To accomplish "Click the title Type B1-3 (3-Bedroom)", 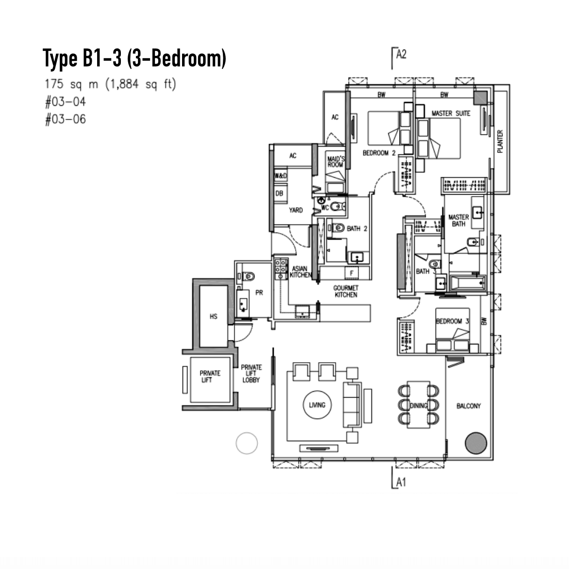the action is pyautogui.click(x=134, y=58).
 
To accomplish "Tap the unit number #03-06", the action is pyautogui.click(x=66, y=119).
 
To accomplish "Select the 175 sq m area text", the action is pyautogui.click(x=71, y=84).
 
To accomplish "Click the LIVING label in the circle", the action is pyautogui.click(x=317, y=405).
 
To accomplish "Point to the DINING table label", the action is pyautogui.click(x=418, y=405).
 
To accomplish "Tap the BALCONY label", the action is pyautogui.click(x=469, y=406).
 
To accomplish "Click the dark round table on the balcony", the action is pyautogui.click(x=476, y=443).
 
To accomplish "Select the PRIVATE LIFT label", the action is pyautogui.click(x=210, y=376).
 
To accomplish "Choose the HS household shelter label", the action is pyautogui.click(x=214, y=317).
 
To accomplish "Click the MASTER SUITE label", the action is pyautogui.click(x=451, y=113).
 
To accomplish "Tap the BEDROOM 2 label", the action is pyautogui.click(x=379, y=153).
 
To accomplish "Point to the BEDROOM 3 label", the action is pyautogui.click(x=452, y=321).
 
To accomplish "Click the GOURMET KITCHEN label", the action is pyautogui.click(x=346, y=291).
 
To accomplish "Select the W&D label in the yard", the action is pyautogui.click(x=281, y=176).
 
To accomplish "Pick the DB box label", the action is pyautogui.click(x=279, y=193).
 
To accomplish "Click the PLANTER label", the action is pyautogui.click(x=500, y=141).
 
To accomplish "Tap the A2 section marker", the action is pyautogui.click(x=402, y=54).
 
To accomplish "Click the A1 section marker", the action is pyautogui.click(x=401, y=482).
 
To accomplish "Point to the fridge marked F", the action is pyautogui.click(x=351, y=273).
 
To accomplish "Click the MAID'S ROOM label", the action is pyautogui.click(x=335, y=162).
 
